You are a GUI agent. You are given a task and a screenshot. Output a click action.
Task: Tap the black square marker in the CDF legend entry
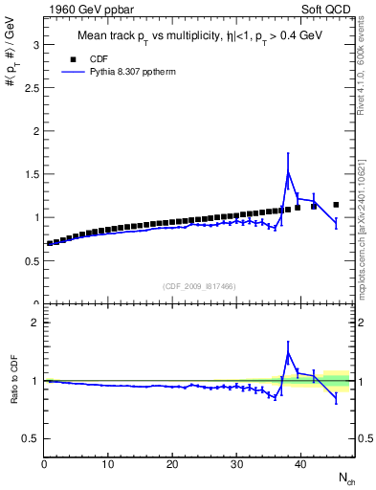point(70,58)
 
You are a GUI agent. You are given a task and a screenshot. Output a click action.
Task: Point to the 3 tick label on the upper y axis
point(33,45)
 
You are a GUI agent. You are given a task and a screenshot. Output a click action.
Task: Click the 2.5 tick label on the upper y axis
point(30,88)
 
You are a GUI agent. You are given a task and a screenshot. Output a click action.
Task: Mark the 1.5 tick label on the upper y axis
point(30,174)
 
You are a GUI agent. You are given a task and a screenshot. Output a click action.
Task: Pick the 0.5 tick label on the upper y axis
point(30,260)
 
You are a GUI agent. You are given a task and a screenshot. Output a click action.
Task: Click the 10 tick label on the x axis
point(108,465)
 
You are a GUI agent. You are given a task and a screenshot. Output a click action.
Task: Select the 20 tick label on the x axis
point(172,465)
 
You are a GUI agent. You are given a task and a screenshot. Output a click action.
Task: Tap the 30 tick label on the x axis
point(236,465)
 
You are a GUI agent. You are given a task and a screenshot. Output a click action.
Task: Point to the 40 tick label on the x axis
point(300,465)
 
